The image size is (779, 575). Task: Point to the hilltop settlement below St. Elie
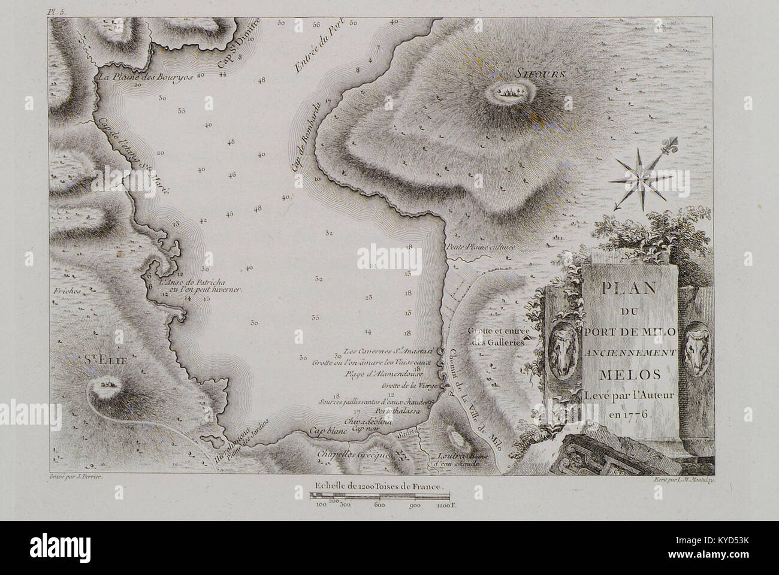point(108,382)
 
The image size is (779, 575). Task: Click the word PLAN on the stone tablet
point(631,287)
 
